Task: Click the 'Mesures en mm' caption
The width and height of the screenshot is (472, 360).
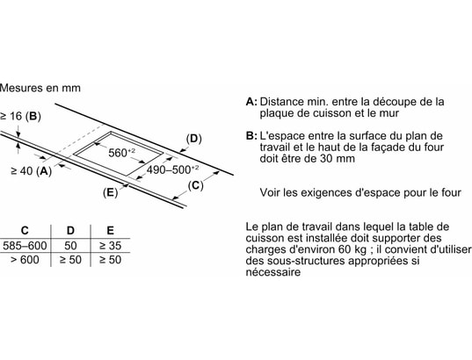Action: click(x=40, y=88)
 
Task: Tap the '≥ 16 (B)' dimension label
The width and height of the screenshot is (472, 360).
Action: click(x=20, y=116)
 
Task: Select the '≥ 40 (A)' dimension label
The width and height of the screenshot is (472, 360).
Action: click(x=32, y=171)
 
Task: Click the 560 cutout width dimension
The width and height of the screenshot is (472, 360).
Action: click(x=121, y=153)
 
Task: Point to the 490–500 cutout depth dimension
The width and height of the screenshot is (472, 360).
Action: click(x=172, y=169)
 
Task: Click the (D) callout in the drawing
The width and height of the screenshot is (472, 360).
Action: click(x=193, y=139)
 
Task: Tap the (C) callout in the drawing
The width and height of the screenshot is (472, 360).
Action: click(x=196, y=185)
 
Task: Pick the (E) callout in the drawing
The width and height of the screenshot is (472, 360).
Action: click(x=110, y=192)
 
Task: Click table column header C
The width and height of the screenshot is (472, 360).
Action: click(x=25, y=231)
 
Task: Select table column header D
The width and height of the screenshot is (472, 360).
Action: click(x=70, y=231)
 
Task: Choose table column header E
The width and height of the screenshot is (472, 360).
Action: click(x=111, y=231)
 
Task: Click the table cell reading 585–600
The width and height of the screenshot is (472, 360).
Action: click(x=25, y=246)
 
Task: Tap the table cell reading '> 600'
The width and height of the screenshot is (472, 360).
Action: click(x=25, y=260)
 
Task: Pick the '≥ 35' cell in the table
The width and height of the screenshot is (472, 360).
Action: click(x=110, y=246)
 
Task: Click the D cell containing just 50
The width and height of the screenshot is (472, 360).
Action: click(x=70, y=246)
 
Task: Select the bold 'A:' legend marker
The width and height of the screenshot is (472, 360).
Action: click(x=251, y=102)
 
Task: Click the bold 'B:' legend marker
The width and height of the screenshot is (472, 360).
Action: click(x=251, y=136)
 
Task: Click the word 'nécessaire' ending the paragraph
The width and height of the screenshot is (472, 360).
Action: click(x=273, y=272)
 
